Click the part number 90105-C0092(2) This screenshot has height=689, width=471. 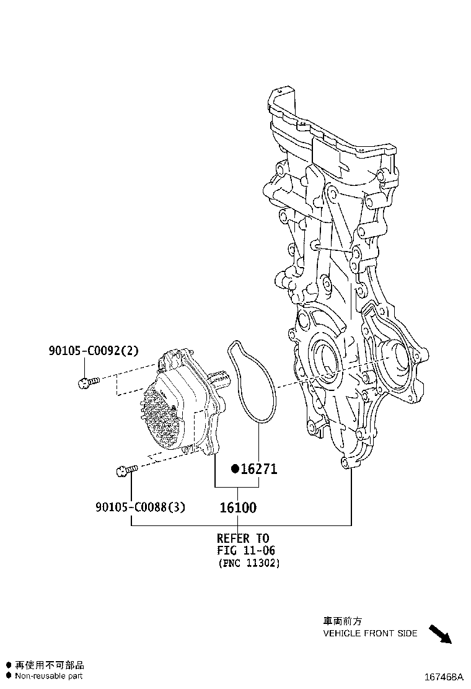click(94, 350)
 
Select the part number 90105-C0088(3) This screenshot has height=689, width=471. click(140, 507)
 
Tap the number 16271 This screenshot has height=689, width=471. click(259, 469)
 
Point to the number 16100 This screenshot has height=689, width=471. click(238, 507)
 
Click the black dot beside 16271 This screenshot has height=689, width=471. click(235, 469)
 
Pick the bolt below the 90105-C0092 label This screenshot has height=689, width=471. click(88, 382)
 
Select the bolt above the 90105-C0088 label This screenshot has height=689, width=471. click(127, 470)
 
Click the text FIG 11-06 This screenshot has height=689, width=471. click(245, 550)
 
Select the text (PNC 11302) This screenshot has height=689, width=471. click(249, 563)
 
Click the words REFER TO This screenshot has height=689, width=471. click(243, 538)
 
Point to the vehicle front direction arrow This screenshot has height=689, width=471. click(440, 634)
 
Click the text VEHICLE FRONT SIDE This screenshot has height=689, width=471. click(370, 633)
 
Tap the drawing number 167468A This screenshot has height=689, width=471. click(444, 676)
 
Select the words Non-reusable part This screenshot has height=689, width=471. click(48, 676)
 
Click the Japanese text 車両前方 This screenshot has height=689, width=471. click(343, 621)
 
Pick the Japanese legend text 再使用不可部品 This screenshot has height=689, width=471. click(49, 665)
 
